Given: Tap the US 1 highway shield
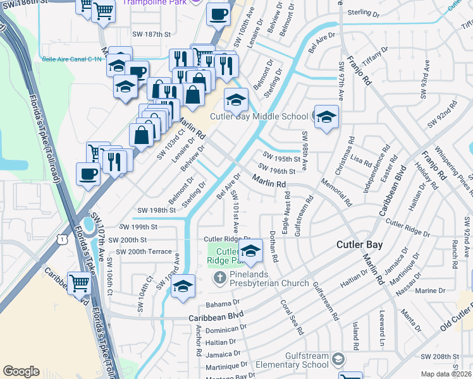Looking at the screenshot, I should [x=62, y=239].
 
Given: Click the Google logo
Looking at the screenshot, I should [x=21, y=371].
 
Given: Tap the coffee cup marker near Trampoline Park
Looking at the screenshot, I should [x=219, y=13].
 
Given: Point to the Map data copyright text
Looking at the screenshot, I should [x=446, y=374].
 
